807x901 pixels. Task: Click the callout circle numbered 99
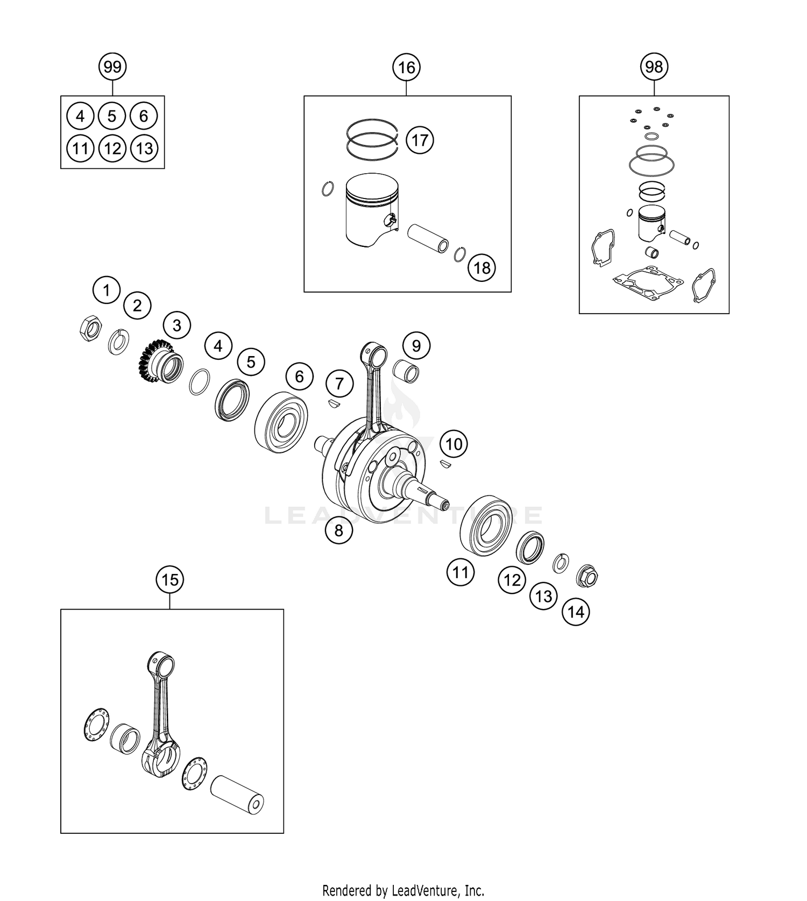[x=112, y=67]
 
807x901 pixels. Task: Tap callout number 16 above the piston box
[x=407, y=67]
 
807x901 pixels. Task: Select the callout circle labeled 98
[x=654, y=67]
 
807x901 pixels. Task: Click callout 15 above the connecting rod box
[x=169, y=580]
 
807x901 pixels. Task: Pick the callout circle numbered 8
[x=338, y=530]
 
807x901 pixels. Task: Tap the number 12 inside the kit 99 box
[x=112, y=148]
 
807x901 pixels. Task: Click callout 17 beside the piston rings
[x=420, y=140]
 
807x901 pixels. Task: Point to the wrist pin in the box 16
[x=429, y=239]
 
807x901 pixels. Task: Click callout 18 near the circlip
[x=482, y=267]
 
